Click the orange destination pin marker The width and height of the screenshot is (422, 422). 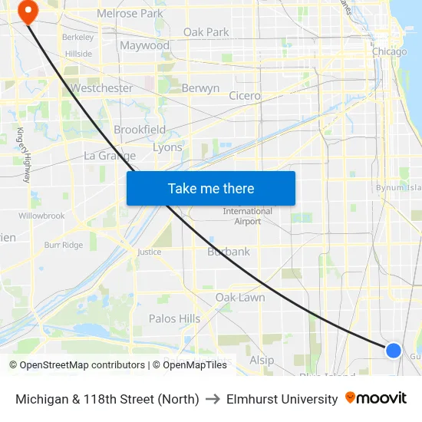(x=28, y=12)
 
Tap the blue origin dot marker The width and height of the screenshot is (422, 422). (x=393, y=351)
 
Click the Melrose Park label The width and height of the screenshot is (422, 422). (x=130, y=13)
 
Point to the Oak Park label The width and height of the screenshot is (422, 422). (x=206, y=32)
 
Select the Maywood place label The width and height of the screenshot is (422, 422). (x=144, y=46)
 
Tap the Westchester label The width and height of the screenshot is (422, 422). (x=101, y=88)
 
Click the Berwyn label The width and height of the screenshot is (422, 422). (x=200, y=88)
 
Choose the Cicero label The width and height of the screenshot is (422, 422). (x=245, y=96)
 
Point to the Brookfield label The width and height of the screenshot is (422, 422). (x=139, y=130)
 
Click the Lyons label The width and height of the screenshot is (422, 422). (x=167, y=147)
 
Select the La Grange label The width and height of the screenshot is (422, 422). (x=110, y=156)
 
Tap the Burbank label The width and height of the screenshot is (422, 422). (x=229, y=252)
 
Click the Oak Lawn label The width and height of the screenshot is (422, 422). (x=240, y=298)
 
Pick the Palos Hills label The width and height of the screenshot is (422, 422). (x=174, y=318)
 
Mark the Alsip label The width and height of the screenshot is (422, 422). (x=261, y=360)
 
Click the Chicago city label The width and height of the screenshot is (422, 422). (x=389, y=51)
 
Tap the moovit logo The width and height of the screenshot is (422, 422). (x=376, y=398)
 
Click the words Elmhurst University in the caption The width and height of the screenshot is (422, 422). (x=282, y=399)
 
